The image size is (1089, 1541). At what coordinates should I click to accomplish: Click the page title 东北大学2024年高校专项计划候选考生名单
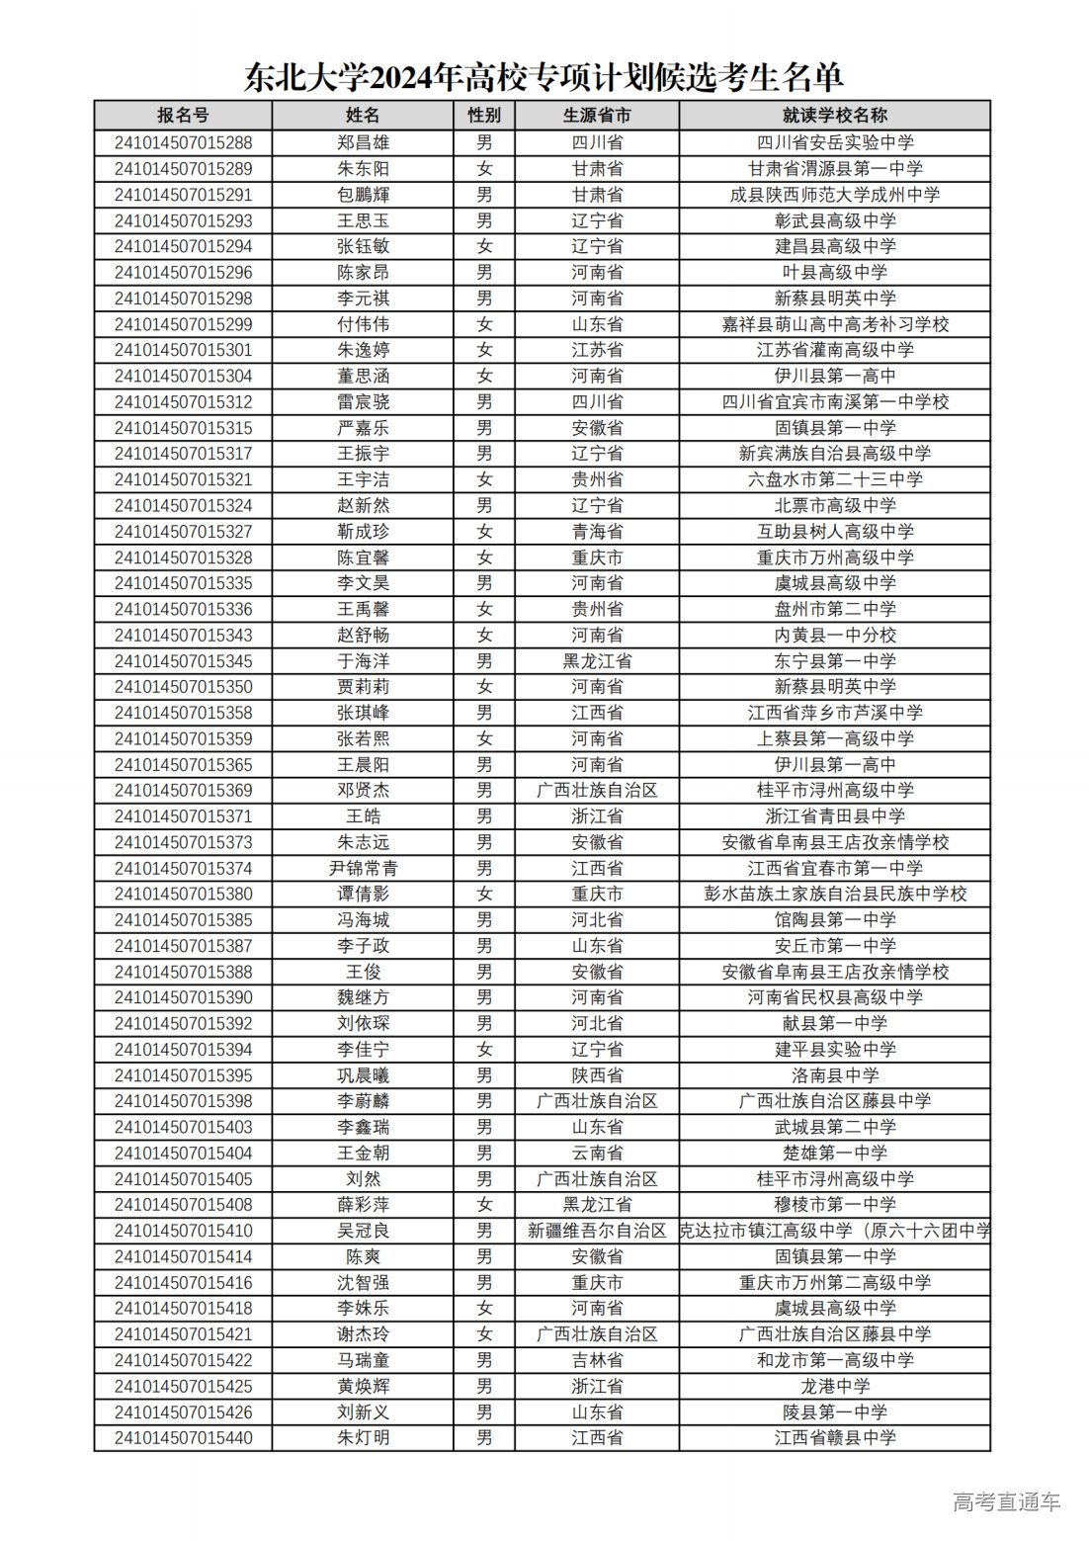click(x=544, y=76)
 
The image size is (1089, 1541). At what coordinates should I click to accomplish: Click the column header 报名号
click(x=183, y=116)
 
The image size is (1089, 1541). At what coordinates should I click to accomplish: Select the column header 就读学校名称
click(x=834, y=116)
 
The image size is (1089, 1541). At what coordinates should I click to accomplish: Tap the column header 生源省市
click(x=597, y=116)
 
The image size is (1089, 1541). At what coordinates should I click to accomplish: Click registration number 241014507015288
click(x=183, y=142)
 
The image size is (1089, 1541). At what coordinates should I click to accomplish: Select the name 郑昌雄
click(x=363, y=142)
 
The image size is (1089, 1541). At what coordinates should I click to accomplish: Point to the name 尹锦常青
click(x=363, y=868)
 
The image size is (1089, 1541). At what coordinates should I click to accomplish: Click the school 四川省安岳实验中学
click(x=834, y=142)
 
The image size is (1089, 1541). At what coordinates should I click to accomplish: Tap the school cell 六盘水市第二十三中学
click(x=834, y=479)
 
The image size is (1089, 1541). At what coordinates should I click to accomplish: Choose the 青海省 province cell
click(x=597, y=531)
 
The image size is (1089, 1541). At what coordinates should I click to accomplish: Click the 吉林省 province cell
click(x=597, y=1360)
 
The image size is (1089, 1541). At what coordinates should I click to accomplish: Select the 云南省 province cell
click(x=597, y=1153)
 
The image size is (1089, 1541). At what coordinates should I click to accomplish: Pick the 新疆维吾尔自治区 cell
click(x=597, y=1231)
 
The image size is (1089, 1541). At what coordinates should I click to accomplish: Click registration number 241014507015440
click(x=183, y=1437)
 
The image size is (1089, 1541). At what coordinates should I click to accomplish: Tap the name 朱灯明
click(x=363, y=1437)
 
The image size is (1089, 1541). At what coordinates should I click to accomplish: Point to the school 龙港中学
click(x=834, y=1386)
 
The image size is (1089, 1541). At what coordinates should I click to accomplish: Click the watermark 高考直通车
click(x=1006, y=1502)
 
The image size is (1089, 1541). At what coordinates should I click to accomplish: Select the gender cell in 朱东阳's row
click(x=484, y=169)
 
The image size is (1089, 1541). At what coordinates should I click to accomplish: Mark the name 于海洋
click(x=363, y=661)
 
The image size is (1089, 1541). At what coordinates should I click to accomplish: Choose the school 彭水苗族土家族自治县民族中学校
click(x=834, y=894)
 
